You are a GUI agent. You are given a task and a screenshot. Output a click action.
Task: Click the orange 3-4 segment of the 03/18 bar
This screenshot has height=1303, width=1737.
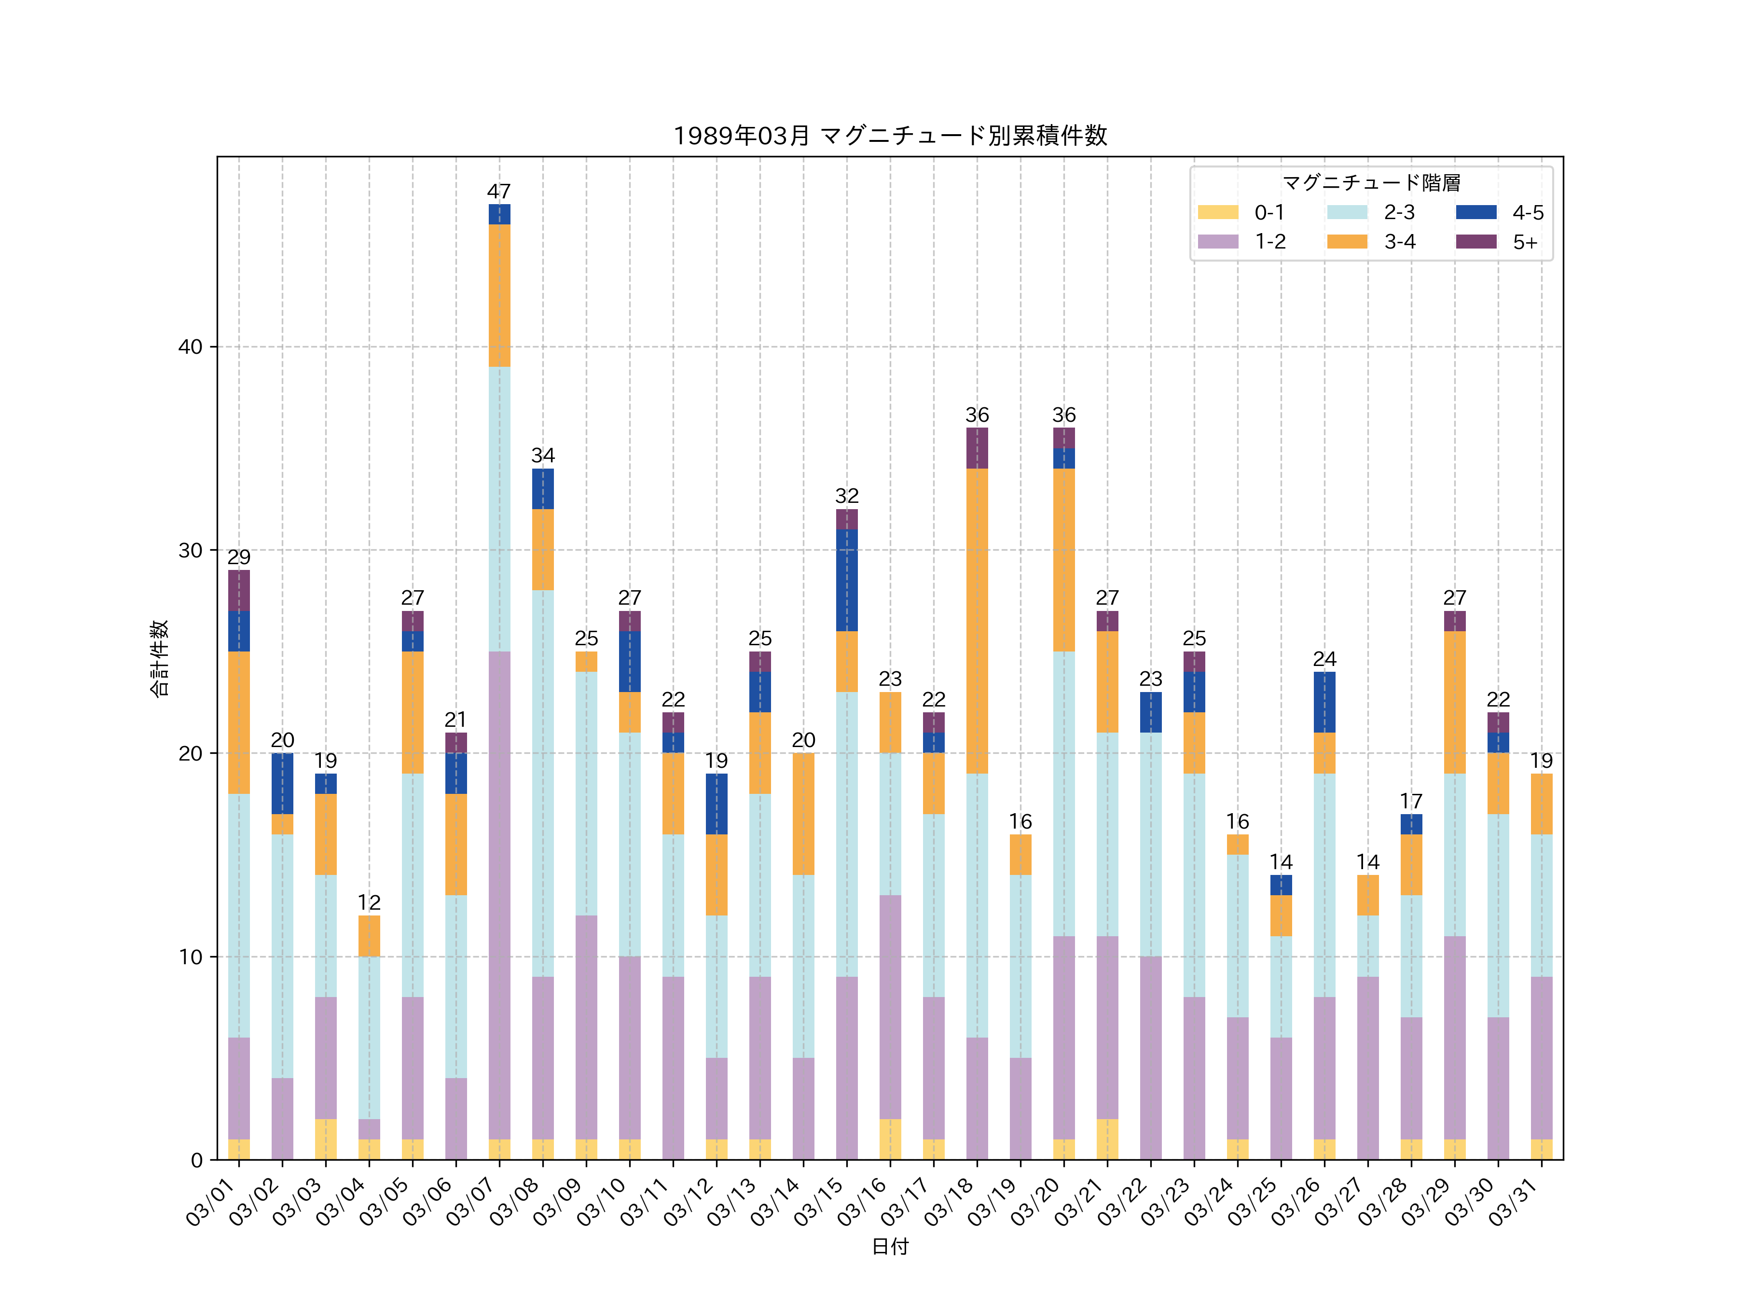click(977, 621)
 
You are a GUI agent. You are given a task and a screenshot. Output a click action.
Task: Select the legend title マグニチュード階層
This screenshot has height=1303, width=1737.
click(1371, 183)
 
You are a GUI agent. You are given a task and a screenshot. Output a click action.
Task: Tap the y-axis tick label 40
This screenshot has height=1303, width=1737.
click(190, 347)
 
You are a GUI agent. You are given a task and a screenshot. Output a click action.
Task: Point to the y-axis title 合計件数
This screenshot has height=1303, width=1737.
click(159, 658)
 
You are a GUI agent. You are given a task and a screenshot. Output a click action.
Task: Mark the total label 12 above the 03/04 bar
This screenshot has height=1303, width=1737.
click(369, 902)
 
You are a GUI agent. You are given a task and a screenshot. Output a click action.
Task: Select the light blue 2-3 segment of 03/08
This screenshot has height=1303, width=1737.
click(543, 783)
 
